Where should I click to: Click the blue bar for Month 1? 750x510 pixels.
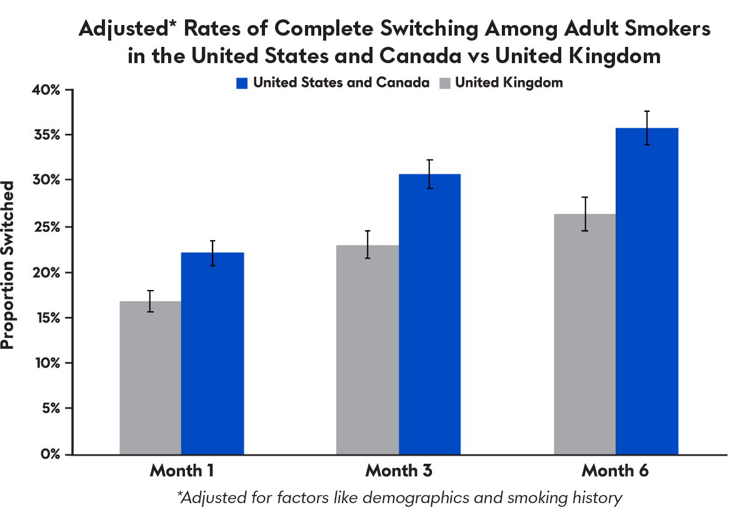coord(212,353)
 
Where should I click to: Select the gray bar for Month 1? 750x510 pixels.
coord(150,377)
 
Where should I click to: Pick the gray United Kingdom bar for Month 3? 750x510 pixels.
coord(367,349)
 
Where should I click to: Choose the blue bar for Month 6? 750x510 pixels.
coord(647,291)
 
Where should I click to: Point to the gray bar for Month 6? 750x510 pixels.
coord(584,334)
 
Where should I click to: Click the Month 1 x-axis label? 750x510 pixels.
coord(181,471)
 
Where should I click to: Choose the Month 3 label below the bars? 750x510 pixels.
coord(399,471)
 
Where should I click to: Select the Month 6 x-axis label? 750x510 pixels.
coord(616,471)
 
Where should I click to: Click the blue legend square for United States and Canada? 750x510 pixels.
coord(242,83)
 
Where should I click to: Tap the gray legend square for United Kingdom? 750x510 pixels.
coord(445,83)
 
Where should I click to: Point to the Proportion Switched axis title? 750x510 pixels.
coord(8,266)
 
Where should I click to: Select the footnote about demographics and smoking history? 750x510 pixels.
coord(400,497)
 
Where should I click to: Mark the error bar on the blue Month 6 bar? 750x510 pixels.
coord(647,127)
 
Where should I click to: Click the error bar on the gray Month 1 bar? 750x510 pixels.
coord(151,301)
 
